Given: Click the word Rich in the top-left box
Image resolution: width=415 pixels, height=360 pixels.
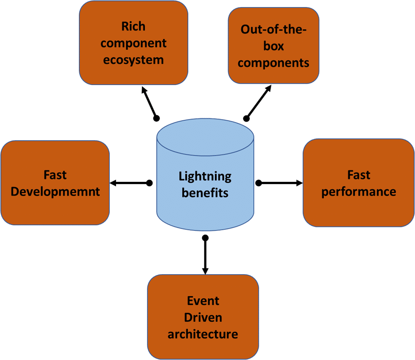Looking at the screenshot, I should click(133, 26).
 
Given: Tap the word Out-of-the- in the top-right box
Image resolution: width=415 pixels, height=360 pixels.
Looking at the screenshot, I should click(273, 29).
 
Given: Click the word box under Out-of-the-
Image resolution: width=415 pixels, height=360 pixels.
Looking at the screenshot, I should click(273, 46).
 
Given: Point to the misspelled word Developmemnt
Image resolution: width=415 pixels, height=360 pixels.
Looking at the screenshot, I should click(55, 192).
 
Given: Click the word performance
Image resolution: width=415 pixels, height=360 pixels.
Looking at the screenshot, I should click(359, 192).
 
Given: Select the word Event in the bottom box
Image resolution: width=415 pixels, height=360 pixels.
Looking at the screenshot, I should click(203, 301).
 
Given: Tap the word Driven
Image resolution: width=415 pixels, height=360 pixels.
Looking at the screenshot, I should click(203, 317).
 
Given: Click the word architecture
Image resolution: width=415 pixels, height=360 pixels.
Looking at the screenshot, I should click(203, 334).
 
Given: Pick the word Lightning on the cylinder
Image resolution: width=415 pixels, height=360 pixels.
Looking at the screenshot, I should click(205, 176).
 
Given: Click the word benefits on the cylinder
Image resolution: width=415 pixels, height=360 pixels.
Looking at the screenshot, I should click(205, 193).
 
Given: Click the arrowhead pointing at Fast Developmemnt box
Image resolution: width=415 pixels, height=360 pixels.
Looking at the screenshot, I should click(113, 183).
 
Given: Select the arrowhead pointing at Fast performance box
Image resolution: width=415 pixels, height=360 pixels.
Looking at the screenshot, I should click(299, 183).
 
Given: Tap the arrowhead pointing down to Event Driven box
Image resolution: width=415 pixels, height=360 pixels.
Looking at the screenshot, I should click(206, 270).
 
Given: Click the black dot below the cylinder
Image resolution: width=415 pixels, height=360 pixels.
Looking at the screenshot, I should click(206, 238).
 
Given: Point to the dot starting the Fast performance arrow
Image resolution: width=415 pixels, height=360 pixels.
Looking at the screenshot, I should click(258, 183).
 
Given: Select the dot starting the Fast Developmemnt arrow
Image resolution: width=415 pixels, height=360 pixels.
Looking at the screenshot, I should click(149, 183).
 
